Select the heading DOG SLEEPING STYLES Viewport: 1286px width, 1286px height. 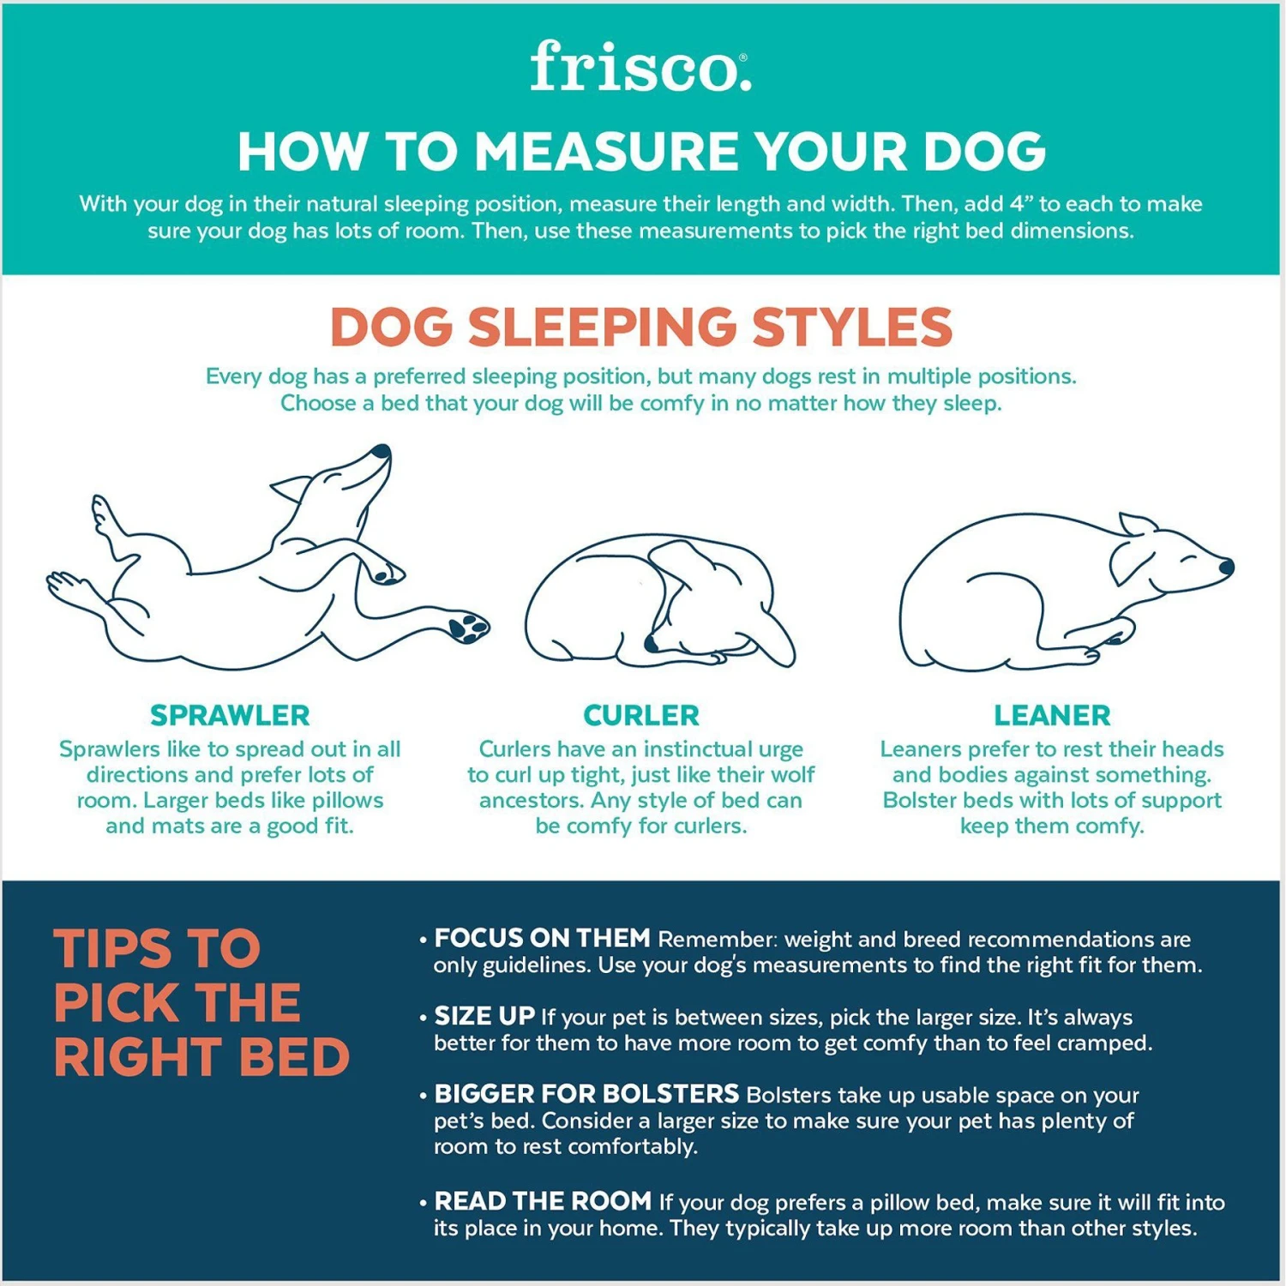(x=641, y=327)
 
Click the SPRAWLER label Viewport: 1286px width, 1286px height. (x=230, y=715)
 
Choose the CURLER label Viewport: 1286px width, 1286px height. (x=641, y=715)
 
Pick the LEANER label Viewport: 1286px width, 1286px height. (x=1052, y=715)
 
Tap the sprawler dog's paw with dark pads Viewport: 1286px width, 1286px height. (x=467, y=627)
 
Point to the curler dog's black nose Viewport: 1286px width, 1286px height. (x=652, y=643)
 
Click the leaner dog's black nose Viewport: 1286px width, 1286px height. (x=1226, y=566)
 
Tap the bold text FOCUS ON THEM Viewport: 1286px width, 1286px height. (x=542, y=938)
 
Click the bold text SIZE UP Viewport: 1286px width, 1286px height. (x=484, y=1016)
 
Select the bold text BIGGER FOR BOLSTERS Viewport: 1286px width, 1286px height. (x=586, y=1094)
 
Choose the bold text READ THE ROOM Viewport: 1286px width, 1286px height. (x=543, y=1200)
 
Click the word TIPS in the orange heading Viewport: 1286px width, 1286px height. (x=111, y=948)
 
